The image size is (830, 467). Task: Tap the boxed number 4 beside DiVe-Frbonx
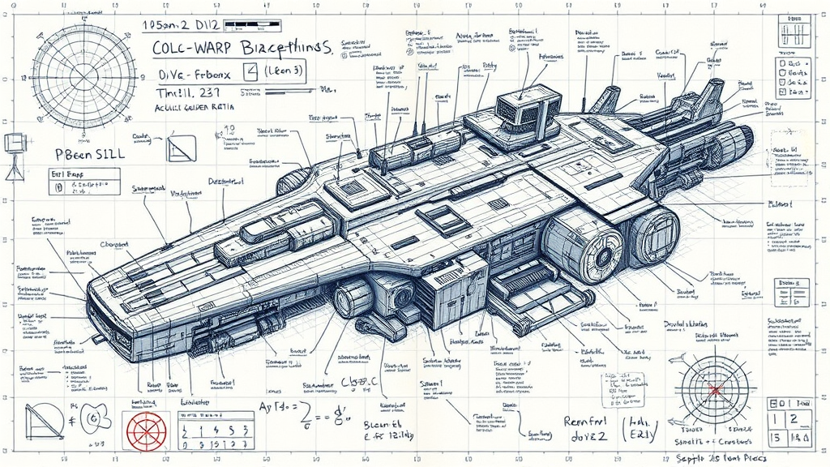pos(250,72)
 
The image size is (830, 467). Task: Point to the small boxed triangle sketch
pos(181,148)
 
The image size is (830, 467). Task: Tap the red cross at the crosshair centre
pos(714,390)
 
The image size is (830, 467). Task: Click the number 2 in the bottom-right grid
pos(796,419)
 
